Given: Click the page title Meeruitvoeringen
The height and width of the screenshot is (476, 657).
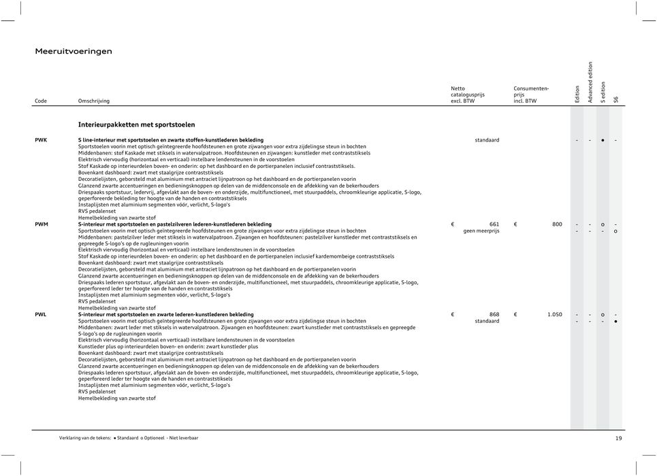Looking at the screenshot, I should click(74, 51).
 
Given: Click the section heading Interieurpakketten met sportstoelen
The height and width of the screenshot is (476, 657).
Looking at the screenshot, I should click(136, 124).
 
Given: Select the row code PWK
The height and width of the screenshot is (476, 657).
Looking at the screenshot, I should click(41, 140).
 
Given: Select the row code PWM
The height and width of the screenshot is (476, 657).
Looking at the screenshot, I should click(42, 224).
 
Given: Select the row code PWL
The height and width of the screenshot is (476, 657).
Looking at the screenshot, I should click(41, 315).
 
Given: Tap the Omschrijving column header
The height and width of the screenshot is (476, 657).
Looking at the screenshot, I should click(93, 101).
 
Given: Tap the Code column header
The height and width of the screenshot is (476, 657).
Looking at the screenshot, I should click(41, 101).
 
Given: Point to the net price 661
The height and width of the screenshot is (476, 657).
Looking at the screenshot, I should click(494, 224).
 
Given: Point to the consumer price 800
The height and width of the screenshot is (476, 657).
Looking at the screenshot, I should click(556, 224).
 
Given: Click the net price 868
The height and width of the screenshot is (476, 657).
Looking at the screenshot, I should click(494, 315).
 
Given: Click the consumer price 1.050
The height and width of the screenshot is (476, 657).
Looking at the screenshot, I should click(554, 315).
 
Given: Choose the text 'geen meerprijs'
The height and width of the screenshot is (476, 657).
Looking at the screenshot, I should click(481, 231).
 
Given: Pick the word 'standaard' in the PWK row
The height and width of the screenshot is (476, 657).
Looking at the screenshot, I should click(487, 140).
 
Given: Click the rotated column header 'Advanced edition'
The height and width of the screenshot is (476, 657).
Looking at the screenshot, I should click(590, 82).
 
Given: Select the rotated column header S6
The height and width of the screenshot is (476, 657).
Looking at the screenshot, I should click(615, 99).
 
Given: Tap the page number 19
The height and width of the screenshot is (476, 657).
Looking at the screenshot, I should click(618, 439).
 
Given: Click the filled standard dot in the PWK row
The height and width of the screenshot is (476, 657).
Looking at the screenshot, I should click(603, 141).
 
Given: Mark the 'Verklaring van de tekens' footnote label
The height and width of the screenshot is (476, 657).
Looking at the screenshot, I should click(85, 439).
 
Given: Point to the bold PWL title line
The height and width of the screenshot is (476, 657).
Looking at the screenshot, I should click(166, 315).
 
